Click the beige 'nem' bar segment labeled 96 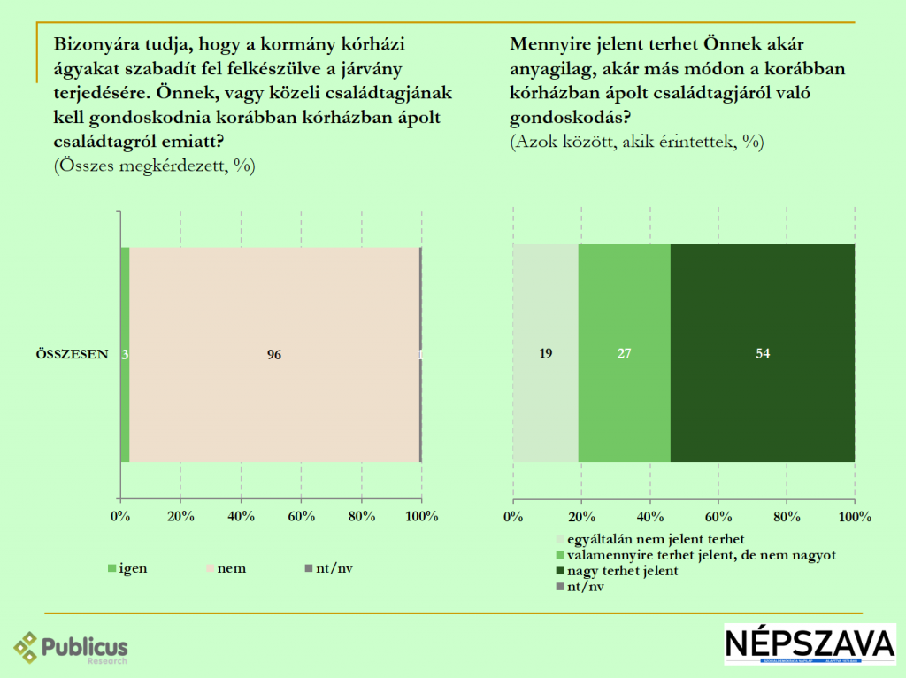(274, 354)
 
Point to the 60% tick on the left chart (301, 516)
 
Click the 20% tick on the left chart (180, 516)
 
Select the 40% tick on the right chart (649, 516)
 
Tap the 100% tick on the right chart (854, 516)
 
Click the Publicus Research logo (71, 648)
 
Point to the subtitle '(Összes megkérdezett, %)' (155, 166)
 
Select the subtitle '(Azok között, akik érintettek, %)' (637, 142)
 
